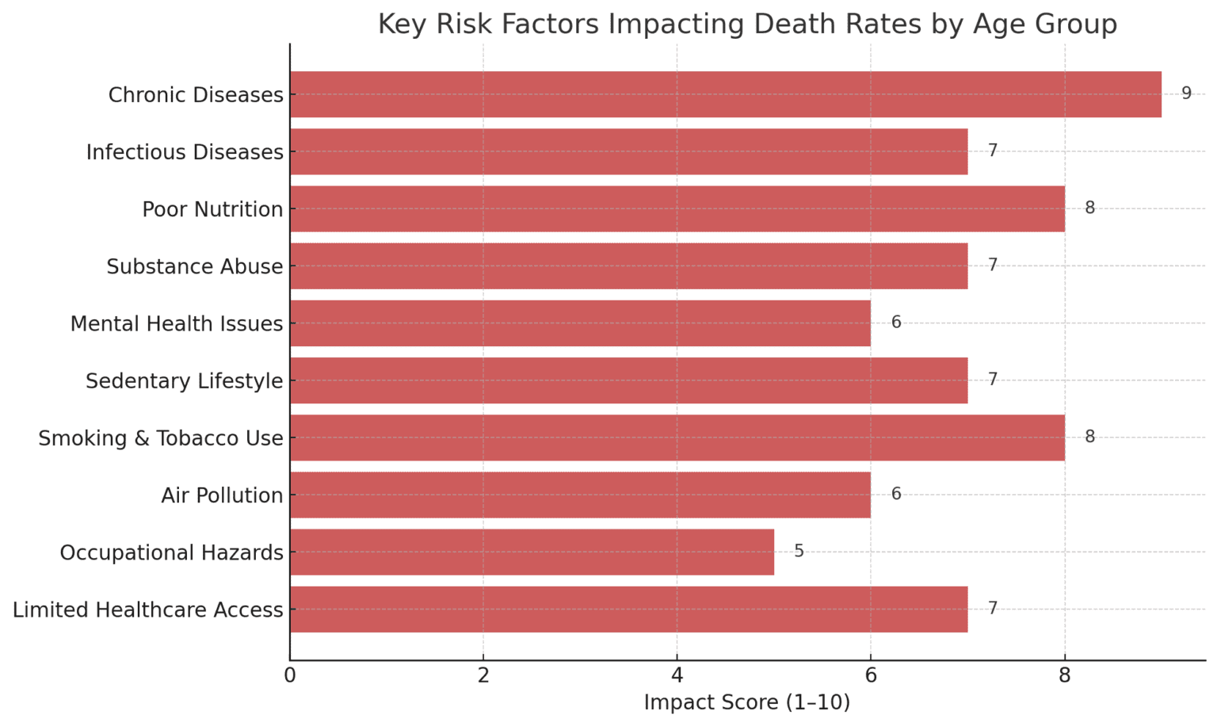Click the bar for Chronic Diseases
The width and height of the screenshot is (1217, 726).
(x=725, y=94)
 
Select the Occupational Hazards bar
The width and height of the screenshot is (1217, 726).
(x=532, y=552)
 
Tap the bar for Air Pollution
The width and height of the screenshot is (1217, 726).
(x=580, y=495)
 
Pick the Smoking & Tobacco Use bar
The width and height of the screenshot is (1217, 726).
(x=677, y=438)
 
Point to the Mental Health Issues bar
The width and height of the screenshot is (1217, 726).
(x=580, y=323)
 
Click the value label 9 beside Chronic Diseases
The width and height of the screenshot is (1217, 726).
(x=1186, y=94)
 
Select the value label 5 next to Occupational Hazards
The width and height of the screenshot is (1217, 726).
(x=799, y=551)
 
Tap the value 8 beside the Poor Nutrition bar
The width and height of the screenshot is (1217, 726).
(x=1089, y=208)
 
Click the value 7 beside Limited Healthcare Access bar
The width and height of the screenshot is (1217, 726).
(x=992, y=608)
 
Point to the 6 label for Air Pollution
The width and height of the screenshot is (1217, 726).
(x=896, y=494)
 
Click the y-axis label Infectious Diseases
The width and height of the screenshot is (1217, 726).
(x=185, y=152)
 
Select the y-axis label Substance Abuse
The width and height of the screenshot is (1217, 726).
(x=194, y=266)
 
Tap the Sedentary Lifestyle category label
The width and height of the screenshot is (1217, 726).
(x=184, y=381)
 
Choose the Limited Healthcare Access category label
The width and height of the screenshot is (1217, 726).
(x=147, y=609)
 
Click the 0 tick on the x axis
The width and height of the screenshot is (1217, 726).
(x=290, y=675)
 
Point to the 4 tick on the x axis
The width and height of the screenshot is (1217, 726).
(x=677, y=675)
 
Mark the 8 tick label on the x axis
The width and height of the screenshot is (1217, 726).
(x=1064, y=675)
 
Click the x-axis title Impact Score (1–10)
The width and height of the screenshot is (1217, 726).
(x=746, y=702)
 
